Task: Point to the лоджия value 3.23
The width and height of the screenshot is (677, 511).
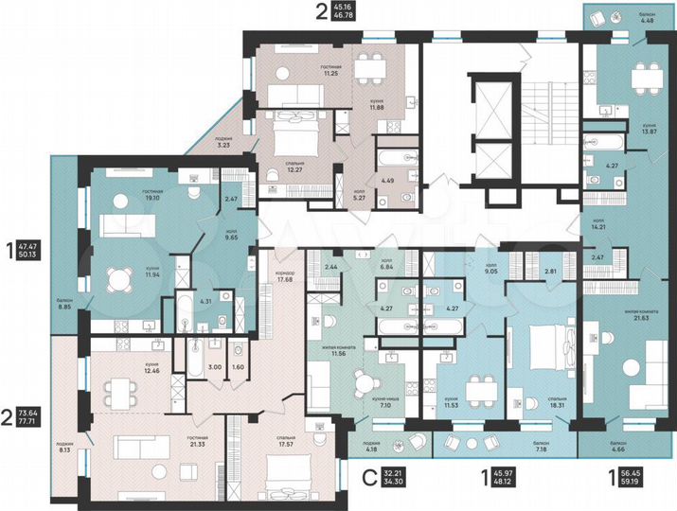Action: pos(224,146)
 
